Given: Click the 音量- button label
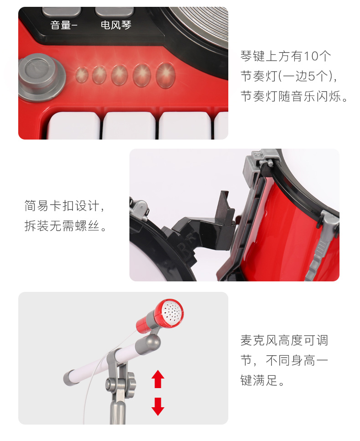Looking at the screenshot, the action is click(64, 25).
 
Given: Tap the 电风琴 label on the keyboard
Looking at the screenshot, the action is click(116, 25).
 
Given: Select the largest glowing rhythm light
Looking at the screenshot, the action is click(165, 75).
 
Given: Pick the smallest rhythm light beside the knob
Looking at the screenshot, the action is click(82, 75).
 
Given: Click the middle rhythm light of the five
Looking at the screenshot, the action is click(119, 75).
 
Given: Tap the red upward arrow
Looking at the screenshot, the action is click(158, 379).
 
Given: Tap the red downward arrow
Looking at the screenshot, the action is click(158, 406).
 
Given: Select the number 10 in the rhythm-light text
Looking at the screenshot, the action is click(310, 56).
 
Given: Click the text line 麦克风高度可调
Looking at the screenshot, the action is click(284, 340).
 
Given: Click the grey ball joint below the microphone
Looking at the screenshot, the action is click(148, 343).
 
